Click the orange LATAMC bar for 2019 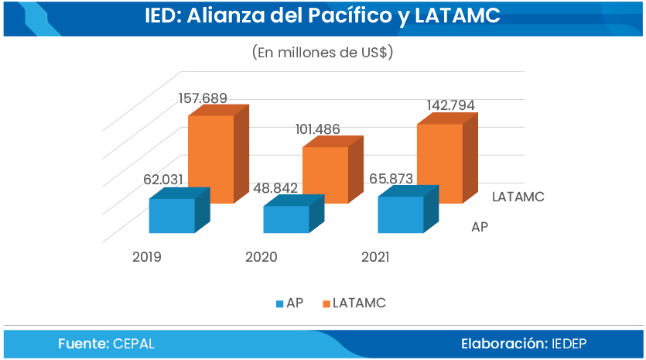(x=219, y=154)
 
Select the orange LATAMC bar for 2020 (x=333, y=170)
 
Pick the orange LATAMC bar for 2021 (x=447, y=158)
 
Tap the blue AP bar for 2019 (x=179, y=211)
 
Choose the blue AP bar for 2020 (x=294, y=214)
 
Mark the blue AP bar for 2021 (x=408, y=209)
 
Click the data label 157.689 (x=203, y=98)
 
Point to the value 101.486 (x=318, y=129)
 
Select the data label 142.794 (x=451, y=105)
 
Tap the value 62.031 (x=163, y=180)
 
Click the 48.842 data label (x=275, y=188)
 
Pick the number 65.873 (x=391, y=179)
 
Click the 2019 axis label (x=147, y=257)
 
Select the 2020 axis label (x=261, y=257)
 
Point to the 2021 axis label (x=375, y=257)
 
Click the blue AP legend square (x=280, y=304)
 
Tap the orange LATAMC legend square (x=326, y=304)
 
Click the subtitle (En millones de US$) (x=323, y=53)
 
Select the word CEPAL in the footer (x=134, y=344)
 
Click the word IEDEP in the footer (x=569, y=344)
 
